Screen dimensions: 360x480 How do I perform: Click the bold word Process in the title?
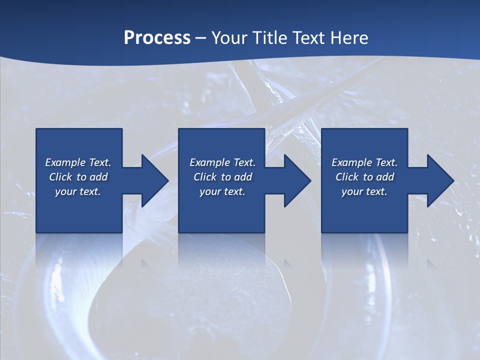coord(157,38)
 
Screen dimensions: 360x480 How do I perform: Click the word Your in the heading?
coord(229,38)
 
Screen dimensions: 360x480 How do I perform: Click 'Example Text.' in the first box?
coord(78,162)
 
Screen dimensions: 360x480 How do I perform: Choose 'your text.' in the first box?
coord(78,191)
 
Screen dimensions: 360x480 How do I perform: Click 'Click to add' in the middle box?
coord(222,177)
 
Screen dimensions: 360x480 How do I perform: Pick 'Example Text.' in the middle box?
coord(222,162)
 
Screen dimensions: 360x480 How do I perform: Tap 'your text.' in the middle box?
coord(222,191)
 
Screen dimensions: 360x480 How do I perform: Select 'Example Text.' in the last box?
coord(364,162)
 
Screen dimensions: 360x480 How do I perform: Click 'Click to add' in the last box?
coord(364,177)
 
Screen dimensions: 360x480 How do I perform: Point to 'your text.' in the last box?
coord(364,191)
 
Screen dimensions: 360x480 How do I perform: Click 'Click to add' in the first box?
coord(78,177)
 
